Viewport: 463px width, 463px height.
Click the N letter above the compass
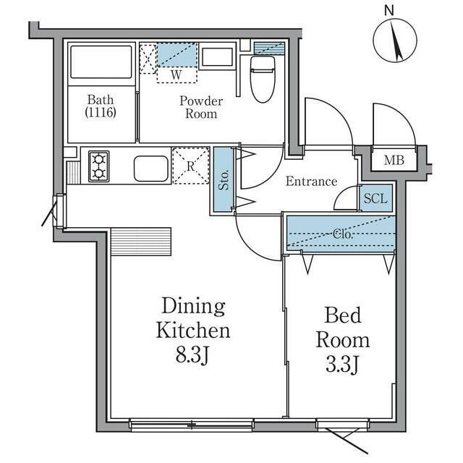click(x=389, y=11)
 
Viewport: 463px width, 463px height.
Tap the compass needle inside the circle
click(x=396, y=41)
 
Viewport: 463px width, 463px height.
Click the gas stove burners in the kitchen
click(x=98, y=166)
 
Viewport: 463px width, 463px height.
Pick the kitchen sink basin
click(x=151, y=169)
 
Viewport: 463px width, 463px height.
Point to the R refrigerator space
click(x=191, y=166)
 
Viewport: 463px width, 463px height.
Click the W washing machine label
click(x=177, y=75)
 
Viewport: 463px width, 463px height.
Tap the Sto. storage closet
click(x=224, y=180)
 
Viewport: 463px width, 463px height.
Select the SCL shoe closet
click(x=376, y=198)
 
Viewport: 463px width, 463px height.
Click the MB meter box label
click(x=394, y=161)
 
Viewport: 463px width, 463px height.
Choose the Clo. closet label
click(x=342, y=234)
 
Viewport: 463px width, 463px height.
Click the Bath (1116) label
click(x=101, y=106)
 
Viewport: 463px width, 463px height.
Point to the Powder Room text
click(x=201, y=108)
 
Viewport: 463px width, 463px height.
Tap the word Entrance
click(x=312, y=182)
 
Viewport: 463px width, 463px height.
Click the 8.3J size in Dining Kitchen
click(x=192, y=354)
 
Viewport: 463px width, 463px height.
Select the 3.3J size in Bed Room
click(x=342, y=364)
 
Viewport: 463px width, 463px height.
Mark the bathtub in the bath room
click(x=101, y=61)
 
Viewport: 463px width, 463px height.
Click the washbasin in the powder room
click(x=218, y=56)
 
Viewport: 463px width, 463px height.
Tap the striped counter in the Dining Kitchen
click(x=141, y=242)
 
